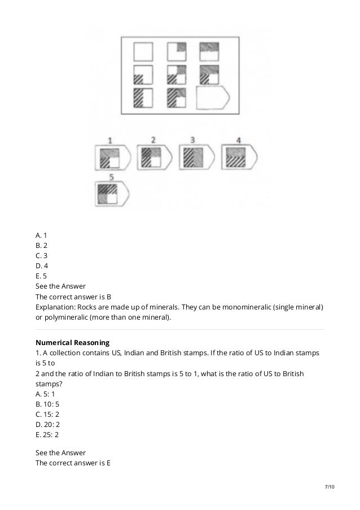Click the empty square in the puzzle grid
(x=143, y=53)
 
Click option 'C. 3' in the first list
(x=41, y=255)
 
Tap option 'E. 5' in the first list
(x=41, y=275)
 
